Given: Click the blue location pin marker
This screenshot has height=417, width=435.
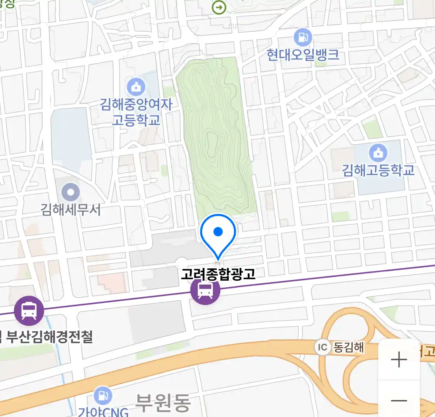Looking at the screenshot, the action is tap(218, 232).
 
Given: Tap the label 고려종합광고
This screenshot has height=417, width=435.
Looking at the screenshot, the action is tap(218, 274).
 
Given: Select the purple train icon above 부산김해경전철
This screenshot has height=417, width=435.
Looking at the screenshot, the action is tap(29, 310).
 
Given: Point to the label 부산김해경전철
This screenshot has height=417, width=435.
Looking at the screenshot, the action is tap(49, 337).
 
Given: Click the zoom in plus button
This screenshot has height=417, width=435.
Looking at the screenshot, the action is tap(399, 360).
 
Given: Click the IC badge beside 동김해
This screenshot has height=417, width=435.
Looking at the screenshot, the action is tap(322, 347).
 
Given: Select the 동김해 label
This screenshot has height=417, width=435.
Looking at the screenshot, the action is tap(348, 347).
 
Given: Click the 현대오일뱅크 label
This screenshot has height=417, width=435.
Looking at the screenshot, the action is tap(303, 55).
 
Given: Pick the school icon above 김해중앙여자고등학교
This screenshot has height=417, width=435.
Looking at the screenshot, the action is tap(136, 87).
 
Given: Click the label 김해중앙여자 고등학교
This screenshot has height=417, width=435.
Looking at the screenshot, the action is tap(136, 112).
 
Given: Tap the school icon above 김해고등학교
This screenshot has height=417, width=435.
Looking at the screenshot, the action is tap(378, 153).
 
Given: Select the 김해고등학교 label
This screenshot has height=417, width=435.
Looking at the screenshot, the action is tap(378, 170).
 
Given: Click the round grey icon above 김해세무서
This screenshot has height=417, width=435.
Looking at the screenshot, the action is tap(70, 192).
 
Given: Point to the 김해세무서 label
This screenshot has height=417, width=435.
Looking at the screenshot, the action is tap(70, 210).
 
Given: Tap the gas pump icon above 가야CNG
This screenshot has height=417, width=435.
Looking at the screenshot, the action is tap(102, 395).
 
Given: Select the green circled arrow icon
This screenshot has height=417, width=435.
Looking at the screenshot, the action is tap(219, 7).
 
